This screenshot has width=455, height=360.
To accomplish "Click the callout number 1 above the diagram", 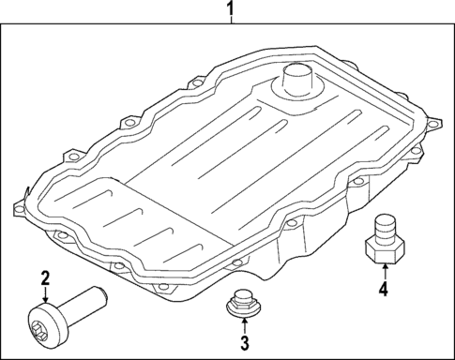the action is point(230,8).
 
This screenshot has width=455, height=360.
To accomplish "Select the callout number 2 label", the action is point(46,277).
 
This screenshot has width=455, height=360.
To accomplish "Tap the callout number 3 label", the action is point(245,342).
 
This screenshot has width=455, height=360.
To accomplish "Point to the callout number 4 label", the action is point(384,289).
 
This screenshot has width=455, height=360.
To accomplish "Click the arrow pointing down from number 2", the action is point(46,294).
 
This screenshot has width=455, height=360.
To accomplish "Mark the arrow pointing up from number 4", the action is point(385,272).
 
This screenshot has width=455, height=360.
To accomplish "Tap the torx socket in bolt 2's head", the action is point(39,332).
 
